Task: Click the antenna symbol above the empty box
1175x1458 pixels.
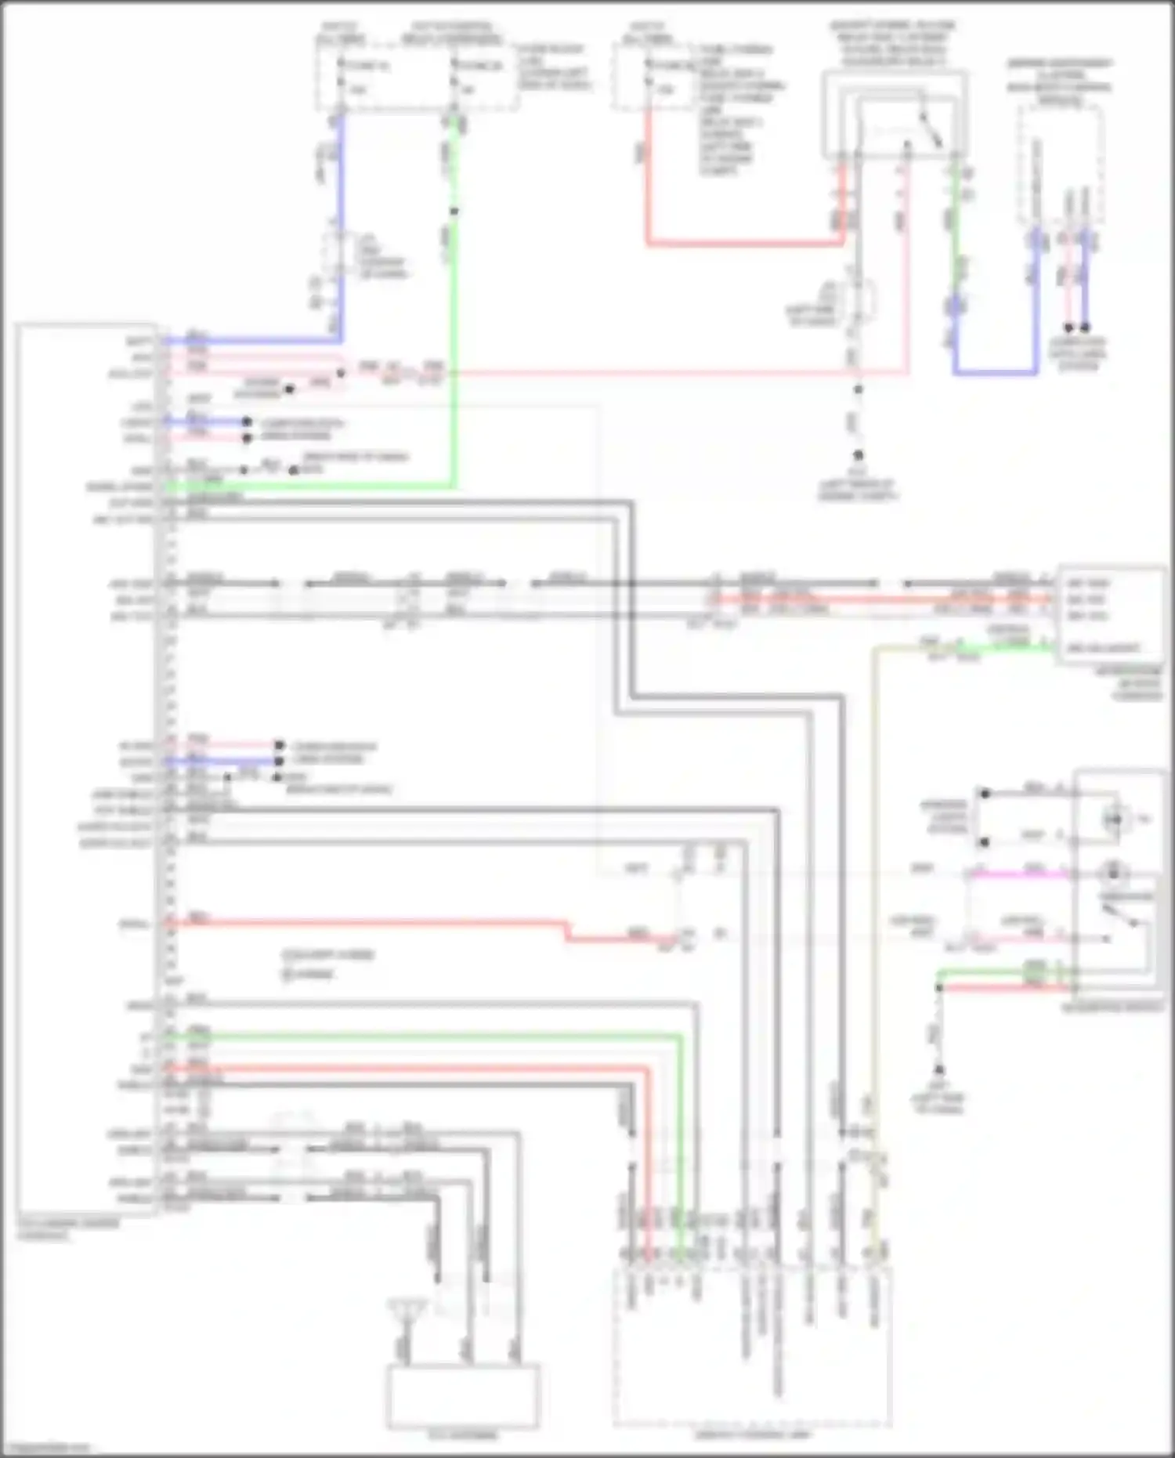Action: pyautogui.click(x=406, y=1306)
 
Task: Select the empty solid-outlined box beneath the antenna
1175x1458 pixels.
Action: pyautogui.click(x=462, y=1395)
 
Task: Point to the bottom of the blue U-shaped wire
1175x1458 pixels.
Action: pyautogui.click(x=995, y=372)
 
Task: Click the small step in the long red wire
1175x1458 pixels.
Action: pyautogui.click(x=566, y=931)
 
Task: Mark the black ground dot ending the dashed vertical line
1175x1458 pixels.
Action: pyautogui.click(x=858, y=455)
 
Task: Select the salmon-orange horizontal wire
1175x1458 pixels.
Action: pyautogui.click(x=877, y=601)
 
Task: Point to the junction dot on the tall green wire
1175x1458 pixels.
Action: pyautogui.click(x=454, y=211)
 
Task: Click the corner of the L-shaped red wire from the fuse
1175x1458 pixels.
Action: pyautogui.click(x=649, y=244)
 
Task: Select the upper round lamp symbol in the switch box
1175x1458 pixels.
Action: pyautogui.click(x=1113, y=819)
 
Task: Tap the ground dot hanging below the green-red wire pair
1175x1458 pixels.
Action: pyautogui.click(x=938, y=1069)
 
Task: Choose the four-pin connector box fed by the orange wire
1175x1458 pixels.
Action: pyautogui.click(x=1111, y=614)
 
